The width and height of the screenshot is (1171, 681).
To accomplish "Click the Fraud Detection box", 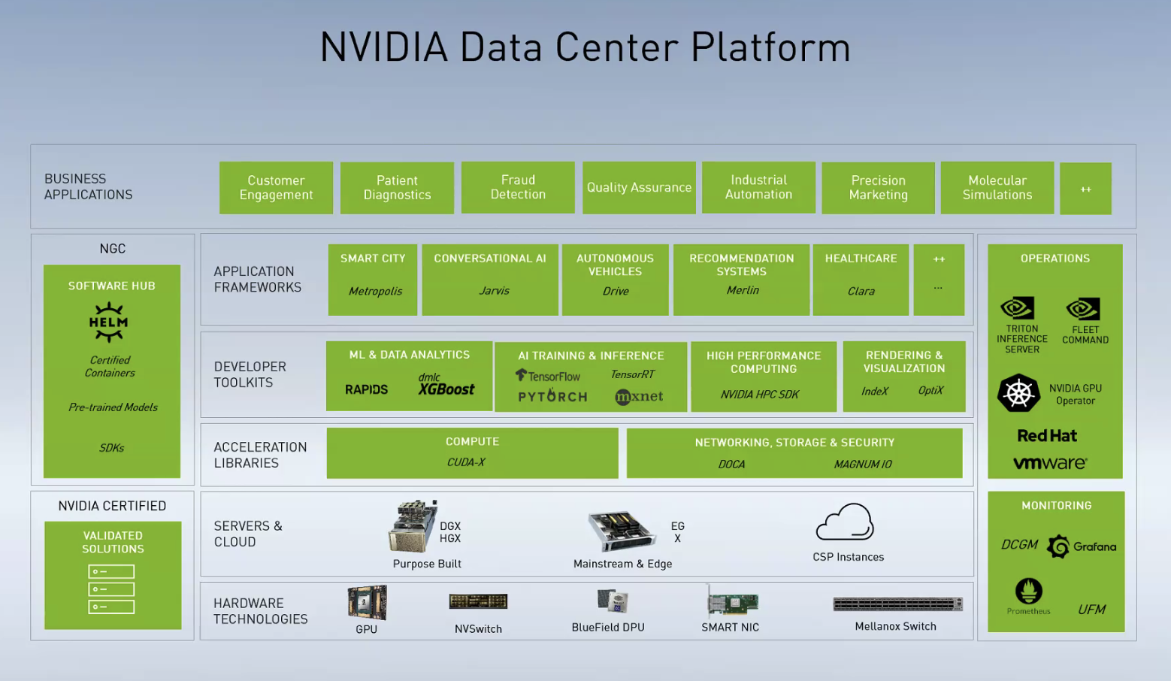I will (x=518, y=187).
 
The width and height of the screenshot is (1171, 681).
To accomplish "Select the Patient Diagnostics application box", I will (x=397, y=188).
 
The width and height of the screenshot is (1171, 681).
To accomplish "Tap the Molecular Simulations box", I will (x=997, y=188).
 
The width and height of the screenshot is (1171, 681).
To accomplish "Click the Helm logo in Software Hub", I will (x=109, y=322).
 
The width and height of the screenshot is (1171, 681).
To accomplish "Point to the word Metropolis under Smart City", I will (x=375, y=291).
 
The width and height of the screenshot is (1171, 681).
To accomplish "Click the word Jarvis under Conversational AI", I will (x=494, y=291).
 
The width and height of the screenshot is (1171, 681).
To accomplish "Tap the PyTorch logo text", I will (x=552, y=395).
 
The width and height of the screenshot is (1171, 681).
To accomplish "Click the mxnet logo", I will (x=639, y=396).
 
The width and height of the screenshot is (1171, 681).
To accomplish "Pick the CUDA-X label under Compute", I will (x=466, y=462).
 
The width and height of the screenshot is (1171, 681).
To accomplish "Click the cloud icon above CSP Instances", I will (x=845, y=522).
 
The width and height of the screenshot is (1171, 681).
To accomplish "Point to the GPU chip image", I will (x=367, y=602).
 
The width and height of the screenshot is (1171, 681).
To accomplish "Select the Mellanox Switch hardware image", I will (x=897, y=604).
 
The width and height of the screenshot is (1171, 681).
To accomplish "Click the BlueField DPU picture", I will (x=613, y=601).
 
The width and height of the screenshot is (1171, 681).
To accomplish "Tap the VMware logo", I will (x=1050, y=463).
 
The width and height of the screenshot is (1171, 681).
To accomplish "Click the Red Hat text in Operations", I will (x=1047, y=436).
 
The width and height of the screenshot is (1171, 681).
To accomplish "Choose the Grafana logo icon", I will (x=1058, y=546).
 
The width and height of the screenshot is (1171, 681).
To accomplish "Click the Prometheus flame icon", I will (x=1028, y=591).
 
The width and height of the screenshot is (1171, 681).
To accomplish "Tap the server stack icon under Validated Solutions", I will (x=111, y=589).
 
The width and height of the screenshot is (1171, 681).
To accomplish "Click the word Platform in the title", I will (x=770, y=47).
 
